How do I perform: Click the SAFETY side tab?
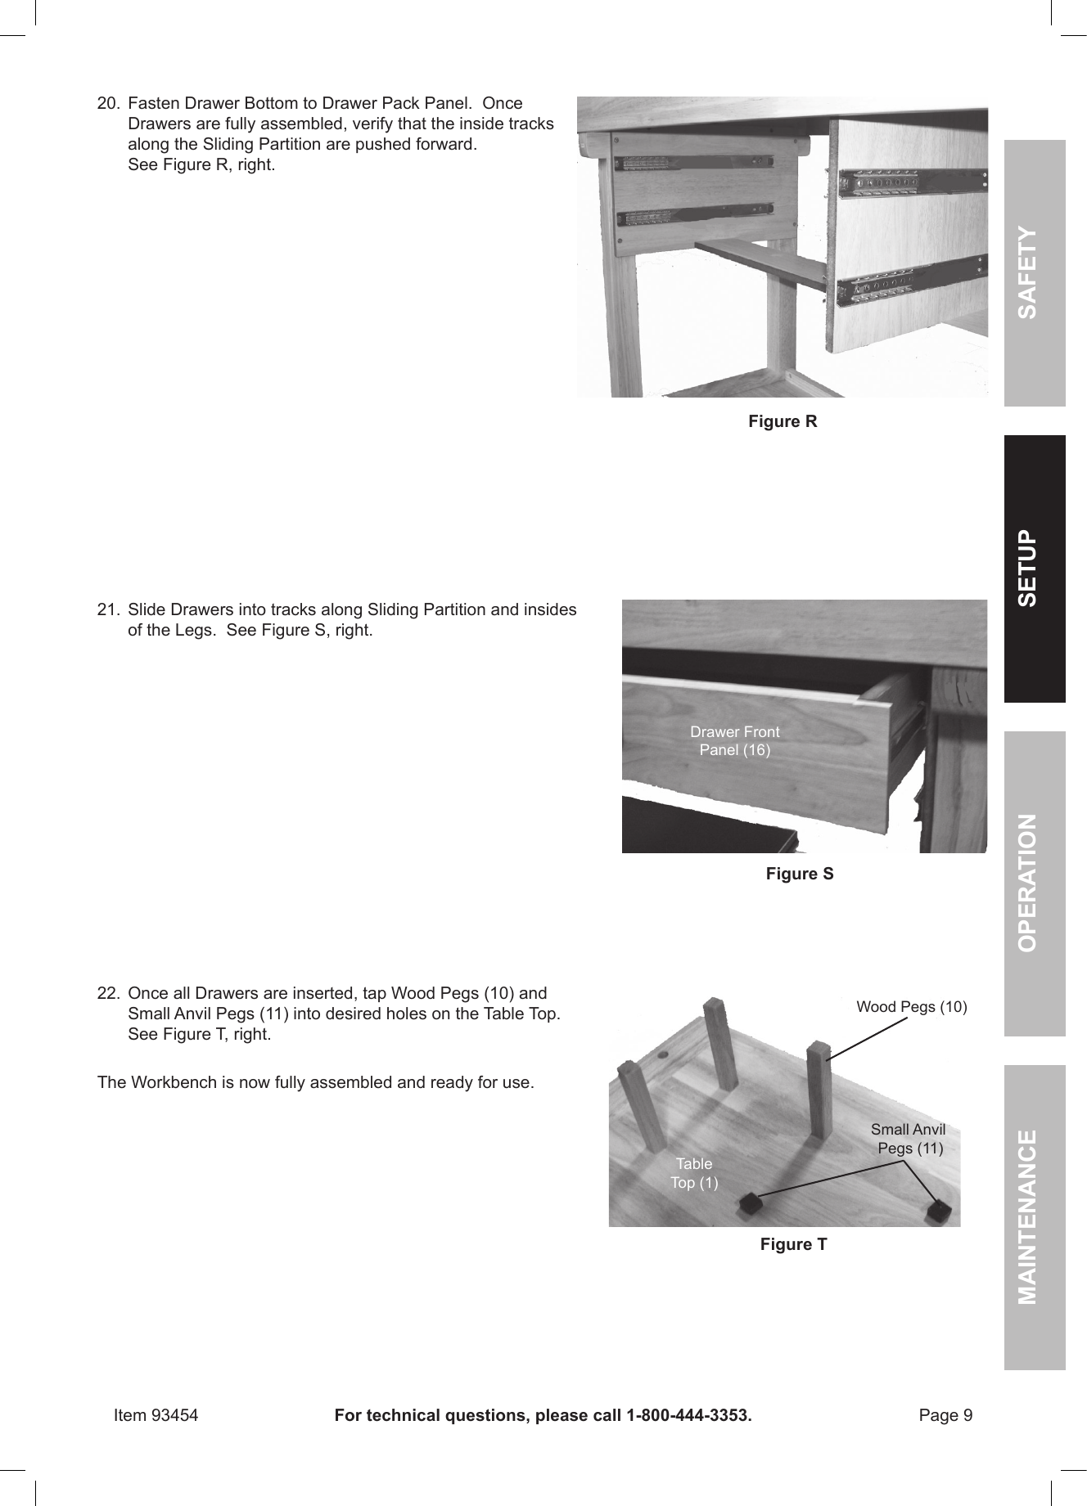(x=1035, y=273)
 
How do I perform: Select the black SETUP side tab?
(x=1035, y=569)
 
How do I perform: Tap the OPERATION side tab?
(x=1035, y=883)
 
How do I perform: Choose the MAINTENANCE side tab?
(x=1035, y=1216)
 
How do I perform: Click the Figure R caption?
(x=783, y=421)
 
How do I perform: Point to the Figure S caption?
(x=800, y=874)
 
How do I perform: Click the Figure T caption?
(x=793, y=1244)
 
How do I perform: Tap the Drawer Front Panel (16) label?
(x=734, y=741)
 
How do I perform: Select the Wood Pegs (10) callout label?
(x=911, y=1006)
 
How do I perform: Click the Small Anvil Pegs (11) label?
(x=909, y=1139)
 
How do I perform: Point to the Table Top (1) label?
(x=694, y=1173)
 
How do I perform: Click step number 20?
(x=108, y=104)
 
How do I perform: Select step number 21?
(x=108, y=610)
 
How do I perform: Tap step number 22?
(x=108, y=994)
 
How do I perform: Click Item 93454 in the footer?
(x=156, y=1415)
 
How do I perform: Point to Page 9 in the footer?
(x=945, y=1415)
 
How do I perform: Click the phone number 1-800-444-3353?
(x=688, y=1415)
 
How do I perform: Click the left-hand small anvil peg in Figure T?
(x=748, y=1203)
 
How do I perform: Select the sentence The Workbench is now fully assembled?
(x=315, y=1083)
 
